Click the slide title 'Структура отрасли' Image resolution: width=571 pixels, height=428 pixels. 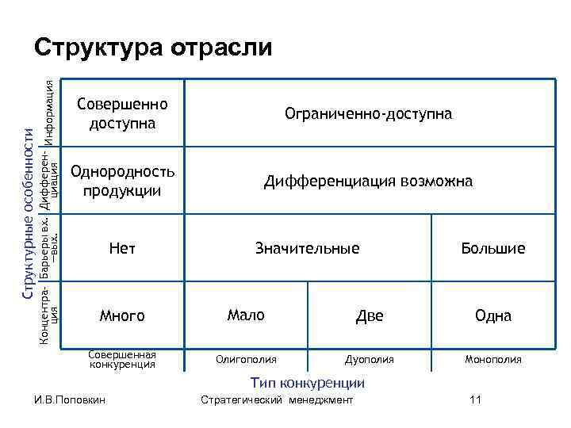[153, 48]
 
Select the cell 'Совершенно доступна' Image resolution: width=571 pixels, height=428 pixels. [122, 114]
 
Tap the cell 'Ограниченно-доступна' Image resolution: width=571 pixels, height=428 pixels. [369, 114]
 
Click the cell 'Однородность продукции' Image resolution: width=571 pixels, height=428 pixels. [122, 181]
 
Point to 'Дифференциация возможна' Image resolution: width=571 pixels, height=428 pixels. [369, 182]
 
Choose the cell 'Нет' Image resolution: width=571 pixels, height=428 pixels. [122, 249]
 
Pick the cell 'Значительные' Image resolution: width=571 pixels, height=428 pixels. [307, 249]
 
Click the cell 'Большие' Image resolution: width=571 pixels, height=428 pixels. [492, 249]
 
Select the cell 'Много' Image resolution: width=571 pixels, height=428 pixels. [122, 316]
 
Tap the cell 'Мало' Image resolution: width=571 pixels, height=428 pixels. [246, 315]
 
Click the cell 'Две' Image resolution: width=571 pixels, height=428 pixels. [370, 316]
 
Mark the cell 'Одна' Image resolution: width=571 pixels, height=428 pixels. [492, 316]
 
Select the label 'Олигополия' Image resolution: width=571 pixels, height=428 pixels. [246, 359]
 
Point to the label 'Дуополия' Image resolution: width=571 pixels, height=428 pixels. [370, 359]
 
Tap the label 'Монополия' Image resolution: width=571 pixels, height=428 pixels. [492, 359]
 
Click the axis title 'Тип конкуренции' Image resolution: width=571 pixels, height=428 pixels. [308, 383]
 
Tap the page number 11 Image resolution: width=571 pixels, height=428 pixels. [475, 399]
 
